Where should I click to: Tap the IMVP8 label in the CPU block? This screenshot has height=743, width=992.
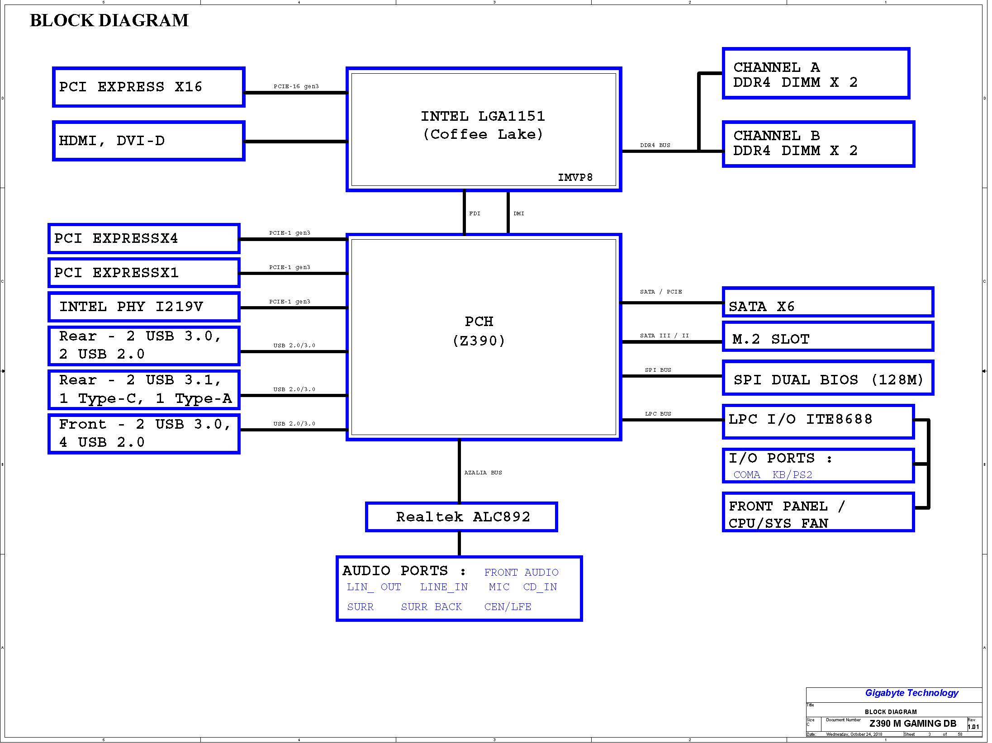point(575,177)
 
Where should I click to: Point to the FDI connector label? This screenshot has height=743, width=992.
point(475,213)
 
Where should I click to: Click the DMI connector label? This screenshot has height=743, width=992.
point(519,213)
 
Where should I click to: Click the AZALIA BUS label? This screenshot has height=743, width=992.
point(483,473)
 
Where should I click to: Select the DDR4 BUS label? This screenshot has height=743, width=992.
point(655,145)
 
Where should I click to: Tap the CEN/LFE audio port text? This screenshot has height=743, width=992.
point(508,607)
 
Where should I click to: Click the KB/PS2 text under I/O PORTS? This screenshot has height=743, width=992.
point(793,475)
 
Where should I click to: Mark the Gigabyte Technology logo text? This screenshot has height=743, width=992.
point(911,693)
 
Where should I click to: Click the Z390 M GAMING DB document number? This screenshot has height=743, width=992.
point(913,724)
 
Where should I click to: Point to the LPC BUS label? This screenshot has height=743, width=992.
point(658,414)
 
